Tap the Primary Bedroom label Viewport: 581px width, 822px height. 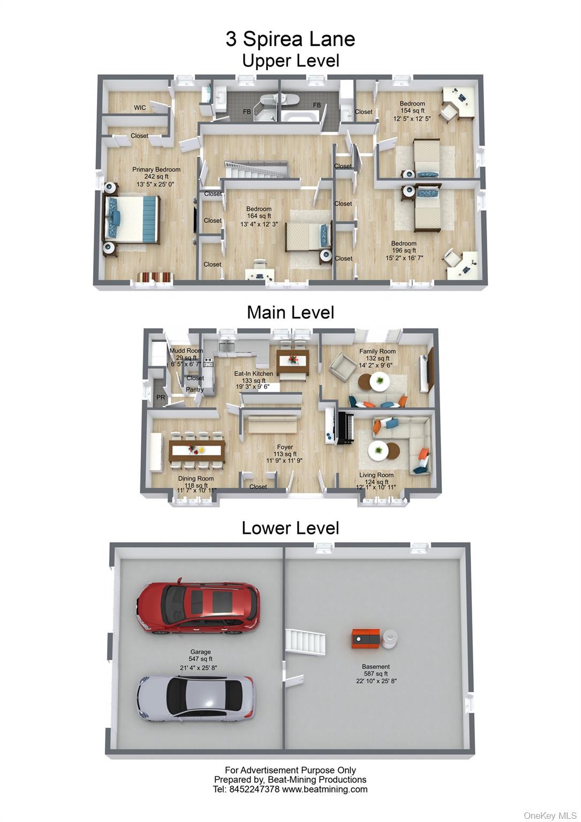pyautogui.click(x=156, y=170)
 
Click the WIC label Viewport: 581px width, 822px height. pyautogui.click(x=140, y=108)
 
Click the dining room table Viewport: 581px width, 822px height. pyautogui.click(x=197, y=450)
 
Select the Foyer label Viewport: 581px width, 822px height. pyautogui.click(x=285, y=447)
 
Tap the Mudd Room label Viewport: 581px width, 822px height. pyautogui.click(x=186, y=351)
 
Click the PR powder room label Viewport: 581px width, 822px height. pyautogui.click(x=161, y=397)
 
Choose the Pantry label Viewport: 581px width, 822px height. pyautogui.click(x=194, y=390)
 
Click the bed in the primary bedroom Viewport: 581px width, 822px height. pyautogui.click(x=133, y=219)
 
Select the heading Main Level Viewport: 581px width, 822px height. pyautogui.click(x=290, y=313)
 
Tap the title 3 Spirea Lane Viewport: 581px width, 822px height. pyautogui.click(x=290, y=39)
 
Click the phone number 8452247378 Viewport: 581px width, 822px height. pyautogui.click(x=254, y=789)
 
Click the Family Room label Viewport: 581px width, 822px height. pyautogui.click(x=377, y=351)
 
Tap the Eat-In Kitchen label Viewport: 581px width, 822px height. pyautogui.click(x=253, y=374)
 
